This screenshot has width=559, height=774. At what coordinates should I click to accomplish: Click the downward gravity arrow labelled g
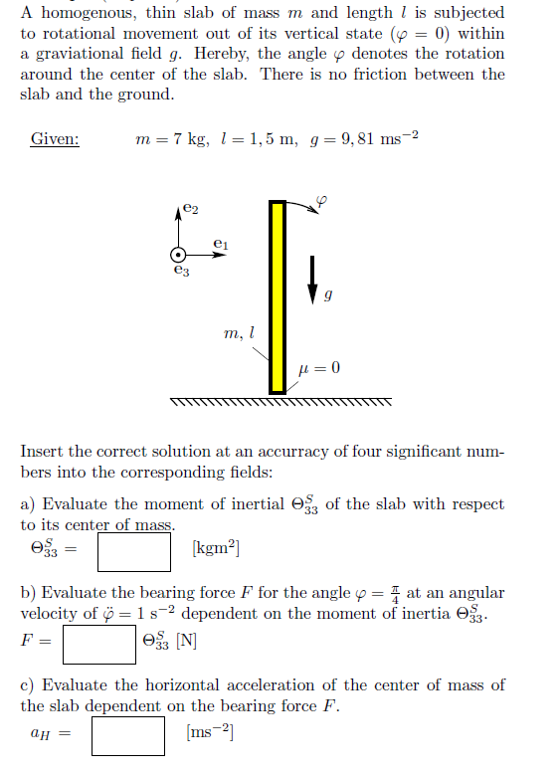click(x=313, y=278)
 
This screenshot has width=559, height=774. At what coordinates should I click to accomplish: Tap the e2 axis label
click(x=191, y=209)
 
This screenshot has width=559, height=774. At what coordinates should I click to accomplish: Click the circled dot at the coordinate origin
click(x=178, y=255)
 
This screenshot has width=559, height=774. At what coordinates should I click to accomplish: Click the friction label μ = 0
click(x=319, y=369)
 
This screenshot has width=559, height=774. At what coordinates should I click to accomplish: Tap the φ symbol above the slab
click(x=320, y=203)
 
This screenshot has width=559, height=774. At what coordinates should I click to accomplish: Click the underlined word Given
click(x=55, y=139)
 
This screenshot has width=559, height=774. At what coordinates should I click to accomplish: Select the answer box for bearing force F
click(x=98, y=643)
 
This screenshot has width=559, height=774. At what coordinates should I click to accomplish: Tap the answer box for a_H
click(x=128, y=737)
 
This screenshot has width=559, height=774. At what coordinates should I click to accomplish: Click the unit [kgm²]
click(x=216, y=548)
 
